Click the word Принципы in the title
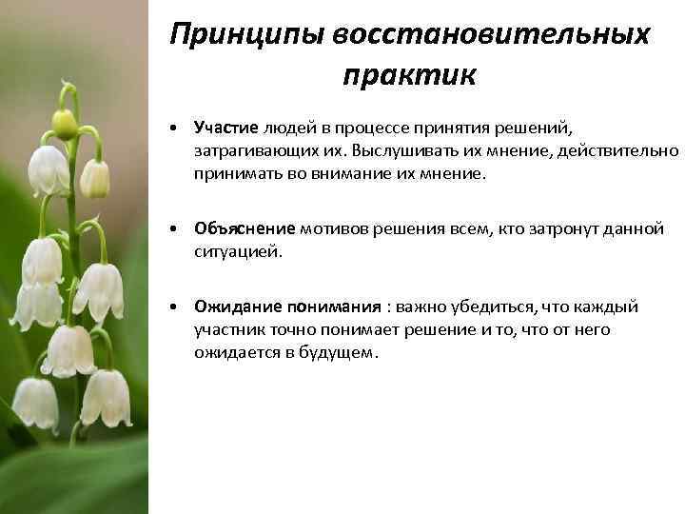[246, 34]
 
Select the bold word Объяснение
[245, 229]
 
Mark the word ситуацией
[238, 252]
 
